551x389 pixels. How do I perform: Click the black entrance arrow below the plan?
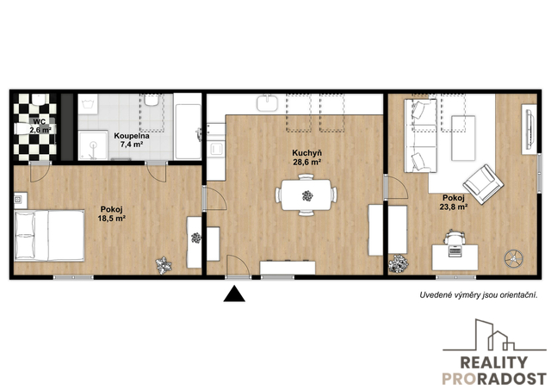pos(234,294)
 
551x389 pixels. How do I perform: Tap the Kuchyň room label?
pos(306,153)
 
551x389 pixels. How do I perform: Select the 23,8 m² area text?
pos(454,207)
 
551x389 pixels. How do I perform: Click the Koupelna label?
pos(132,136)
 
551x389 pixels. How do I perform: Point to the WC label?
pos(40,122)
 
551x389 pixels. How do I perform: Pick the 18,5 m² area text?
pos(111,219)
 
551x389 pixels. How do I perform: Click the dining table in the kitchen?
pos(306,195)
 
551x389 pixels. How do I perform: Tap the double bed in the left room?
pos(49,236)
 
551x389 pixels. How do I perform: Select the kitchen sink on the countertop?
pos(267,103)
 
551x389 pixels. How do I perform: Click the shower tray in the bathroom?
pos(93,145)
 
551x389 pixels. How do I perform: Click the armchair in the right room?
pos(483,184)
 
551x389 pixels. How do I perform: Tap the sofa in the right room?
pos(421,136)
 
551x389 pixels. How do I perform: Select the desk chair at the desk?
pos(455,238)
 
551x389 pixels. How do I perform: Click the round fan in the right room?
pos(514,259)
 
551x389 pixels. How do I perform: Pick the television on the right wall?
pos(529,129)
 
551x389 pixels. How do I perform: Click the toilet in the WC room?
pos(38,100)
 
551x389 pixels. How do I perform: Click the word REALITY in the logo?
pos(493,362)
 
